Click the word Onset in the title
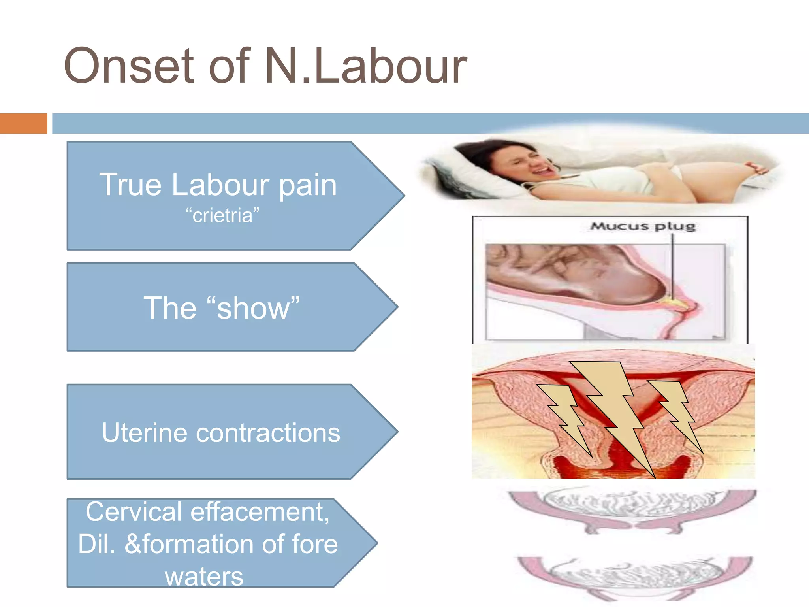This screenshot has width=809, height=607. coord(129,66)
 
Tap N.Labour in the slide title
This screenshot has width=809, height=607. coord(366,66)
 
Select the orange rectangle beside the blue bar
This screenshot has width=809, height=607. coord(23,123)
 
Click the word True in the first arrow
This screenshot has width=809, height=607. coord(130,185)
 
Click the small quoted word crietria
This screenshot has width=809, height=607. coord(222,216)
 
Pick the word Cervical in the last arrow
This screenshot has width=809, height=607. coord(134,512)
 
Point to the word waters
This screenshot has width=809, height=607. coord(204,577)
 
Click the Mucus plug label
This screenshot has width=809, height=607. coord(643,227)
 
